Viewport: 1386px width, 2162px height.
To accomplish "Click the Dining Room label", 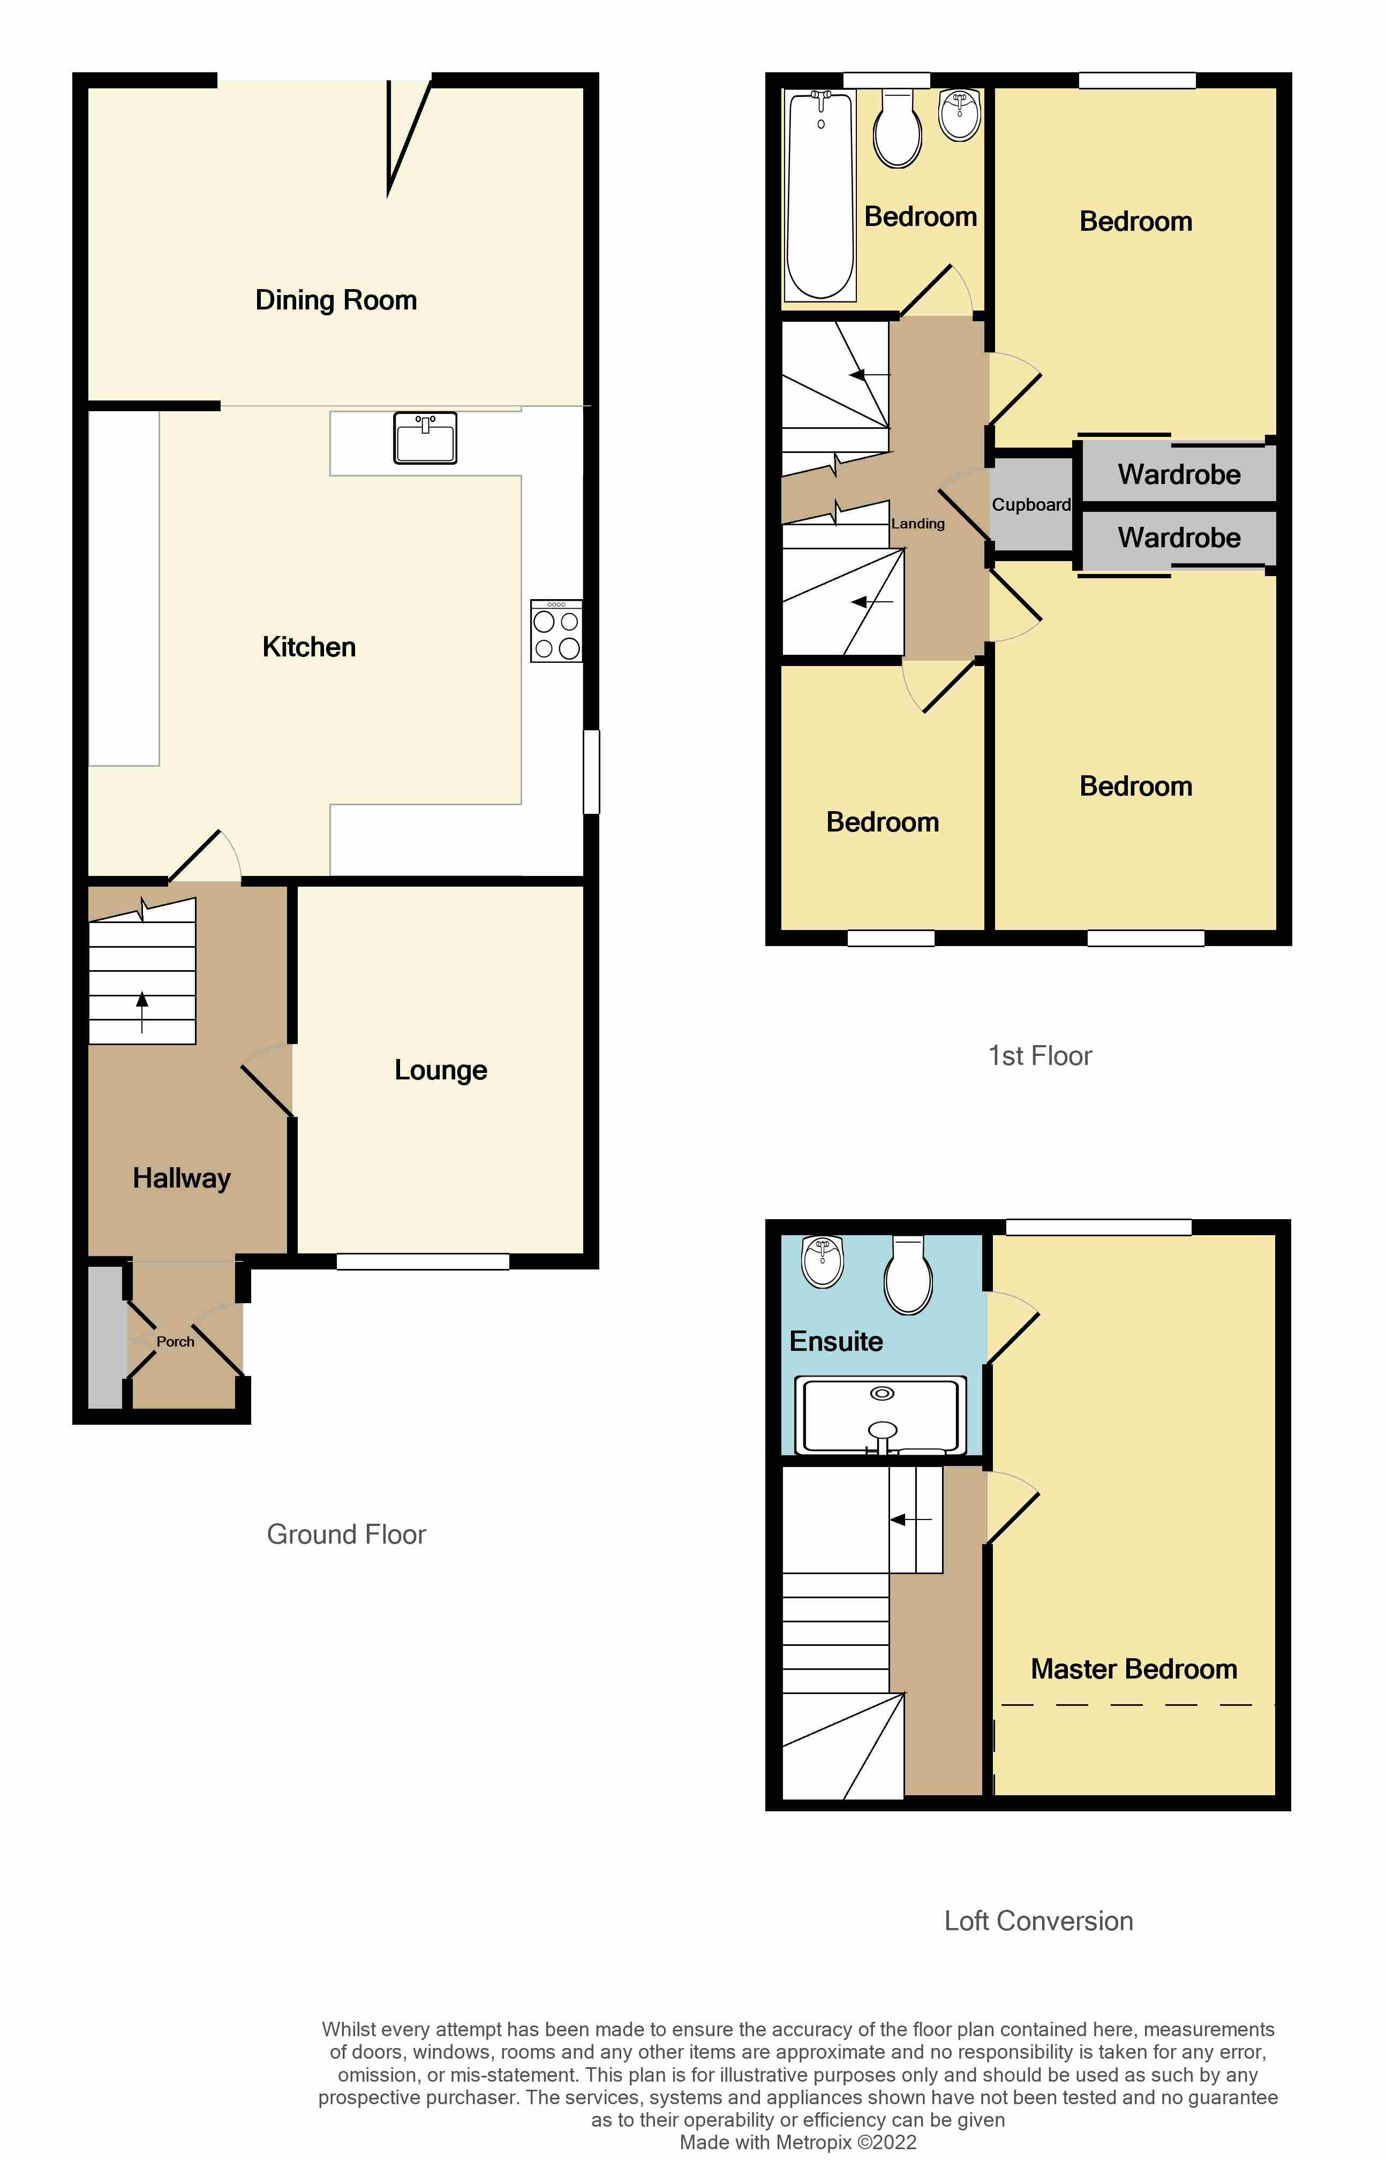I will pos(336,300).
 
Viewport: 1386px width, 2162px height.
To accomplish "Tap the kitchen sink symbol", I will pos(425,438).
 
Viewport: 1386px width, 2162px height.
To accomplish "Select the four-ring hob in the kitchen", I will pos(556,632).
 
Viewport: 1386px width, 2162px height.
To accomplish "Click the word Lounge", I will pos(440,1070).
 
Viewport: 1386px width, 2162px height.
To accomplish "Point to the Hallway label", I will pos(182,1178).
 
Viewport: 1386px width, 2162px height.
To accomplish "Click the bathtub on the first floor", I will pos(820,195).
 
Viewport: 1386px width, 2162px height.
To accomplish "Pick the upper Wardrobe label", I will pos(1178,474).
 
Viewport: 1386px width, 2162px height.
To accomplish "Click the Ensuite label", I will pos(835,1341).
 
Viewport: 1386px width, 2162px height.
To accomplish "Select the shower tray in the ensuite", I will pos(881,1415).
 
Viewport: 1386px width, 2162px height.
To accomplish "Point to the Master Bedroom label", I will pos(1133,1669).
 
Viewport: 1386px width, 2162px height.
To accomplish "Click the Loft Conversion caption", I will pos(1038,1921).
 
